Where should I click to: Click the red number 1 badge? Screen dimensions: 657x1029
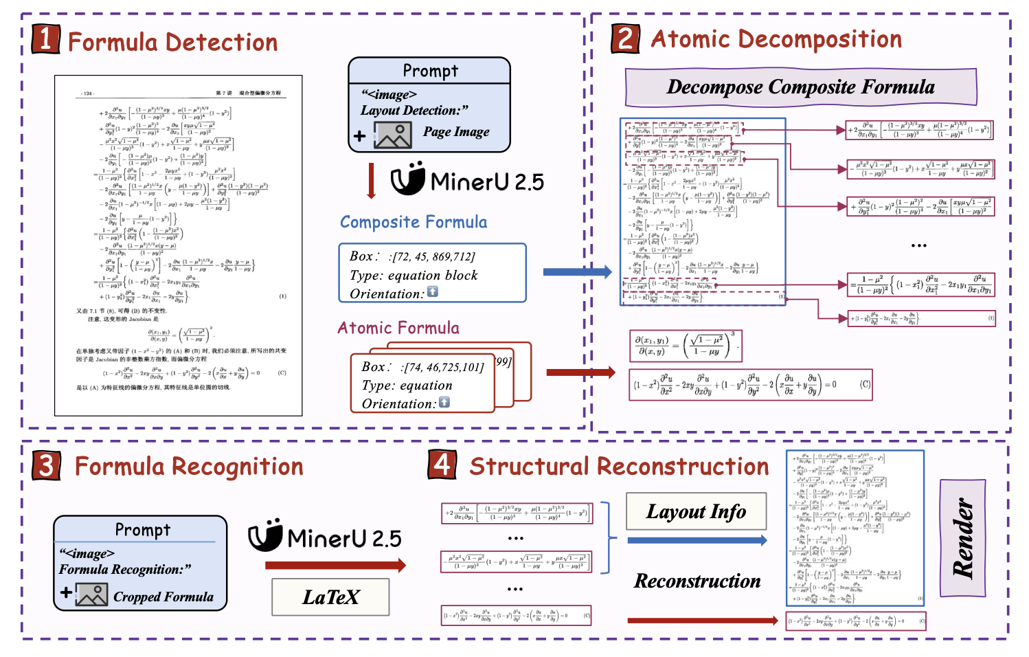tap(45, 39)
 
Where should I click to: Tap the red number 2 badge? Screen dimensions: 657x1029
tap(625, 38)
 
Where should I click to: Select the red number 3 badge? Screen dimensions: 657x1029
tap(45, 465)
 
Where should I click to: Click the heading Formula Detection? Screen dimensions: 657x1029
tap(172, 43)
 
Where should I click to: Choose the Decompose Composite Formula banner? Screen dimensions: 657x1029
tap(800, 87)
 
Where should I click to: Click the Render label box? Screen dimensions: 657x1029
tap(962, 538)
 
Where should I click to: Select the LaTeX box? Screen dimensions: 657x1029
tap(330, 597)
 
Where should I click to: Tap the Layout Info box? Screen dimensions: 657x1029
tap(696, 512)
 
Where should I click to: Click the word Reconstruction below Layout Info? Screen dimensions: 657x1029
tap(697, 581)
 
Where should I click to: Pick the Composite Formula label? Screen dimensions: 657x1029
tap(414, 223)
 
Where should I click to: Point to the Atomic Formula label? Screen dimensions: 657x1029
tap(398, 328)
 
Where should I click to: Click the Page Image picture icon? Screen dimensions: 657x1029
tap(393, 135)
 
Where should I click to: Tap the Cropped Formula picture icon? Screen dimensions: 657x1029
tap(92, 594)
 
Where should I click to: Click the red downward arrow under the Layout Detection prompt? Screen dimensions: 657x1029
tap(372, 181)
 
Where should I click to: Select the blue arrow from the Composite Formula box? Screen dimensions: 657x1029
tap(577, 272)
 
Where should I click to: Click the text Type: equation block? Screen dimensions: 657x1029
tap(414, 276)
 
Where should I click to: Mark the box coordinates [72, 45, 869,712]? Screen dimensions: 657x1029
tap(431, 257)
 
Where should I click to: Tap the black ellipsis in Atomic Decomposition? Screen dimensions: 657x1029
tap(919, 245)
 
